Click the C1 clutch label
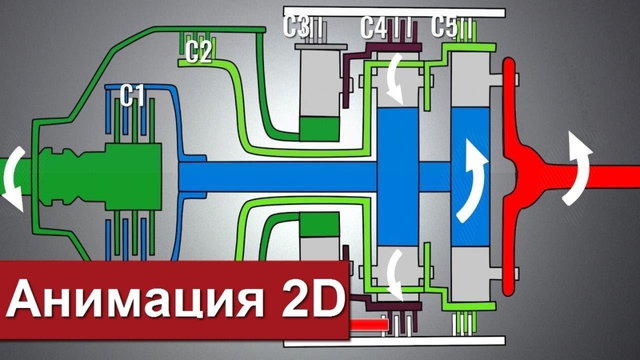point(132,97)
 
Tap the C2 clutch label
point(198,53)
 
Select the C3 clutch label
point(296,26)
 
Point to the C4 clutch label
point(374,28)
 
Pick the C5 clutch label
point(444,26)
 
